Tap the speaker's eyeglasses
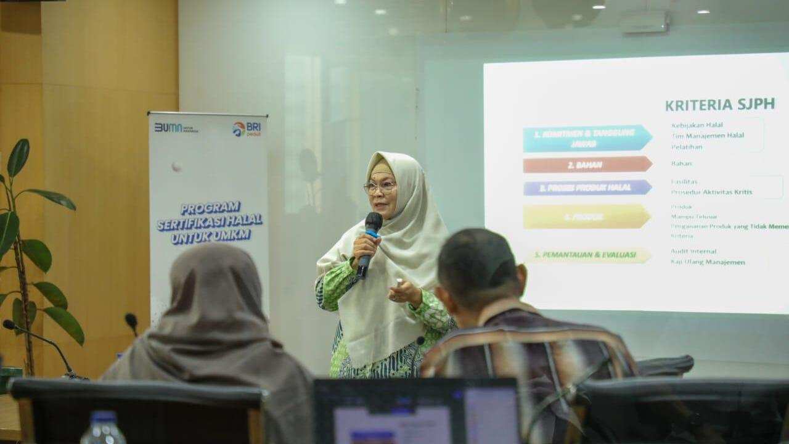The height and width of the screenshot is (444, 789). pyautogui.click(x=379, y=186)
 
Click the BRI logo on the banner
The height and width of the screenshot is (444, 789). pyautogui.click(x=247, y=129)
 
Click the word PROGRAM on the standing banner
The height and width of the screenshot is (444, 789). pyautogui.click(x=210, y=208)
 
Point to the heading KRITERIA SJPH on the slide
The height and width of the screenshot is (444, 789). pyautogui.click(x=719, y=104)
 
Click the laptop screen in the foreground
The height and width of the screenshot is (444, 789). pyautogui.click(x=417, y=413)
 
